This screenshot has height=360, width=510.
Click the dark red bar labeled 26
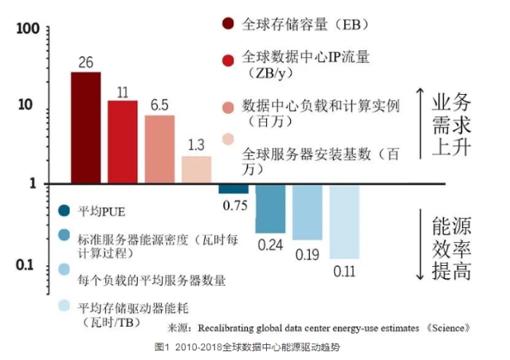(86, 127)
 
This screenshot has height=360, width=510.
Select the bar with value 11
(123, 142)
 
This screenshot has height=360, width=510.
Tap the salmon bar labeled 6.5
(159, 150)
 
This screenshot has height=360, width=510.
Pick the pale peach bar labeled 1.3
(196, 170)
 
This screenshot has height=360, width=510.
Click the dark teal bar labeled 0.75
(233, 189)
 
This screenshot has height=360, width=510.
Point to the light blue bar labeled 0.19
(307, 212)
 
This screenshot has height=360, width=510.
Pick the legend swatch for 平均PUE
(65, 210)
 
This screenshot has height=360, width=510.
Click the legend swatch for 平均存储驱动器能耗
(65, 306)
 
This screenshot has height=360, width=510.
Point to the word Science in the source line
(455, 327)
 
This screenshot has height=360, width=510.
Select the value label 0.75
(233, 205)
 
